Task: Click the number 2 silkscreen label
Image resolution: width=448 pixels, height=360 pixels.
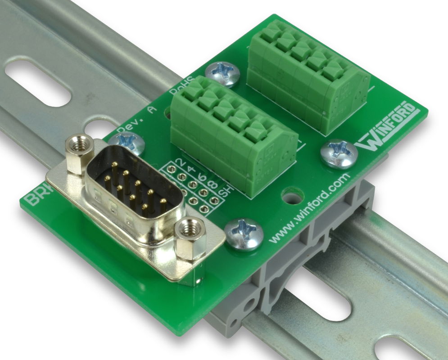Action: click(181, 162)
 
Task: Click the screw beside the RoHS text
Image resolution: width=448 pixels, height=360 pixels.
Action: click(222, 73)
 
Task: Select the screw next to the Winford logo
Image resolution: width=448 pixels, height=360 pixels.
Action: click(339, 153)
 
